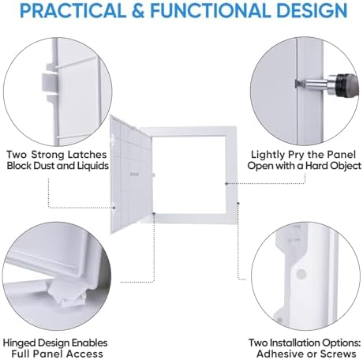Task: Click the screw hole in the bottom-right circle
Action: point(301,276)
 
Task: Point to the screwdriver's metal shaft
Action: point(311,84)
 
